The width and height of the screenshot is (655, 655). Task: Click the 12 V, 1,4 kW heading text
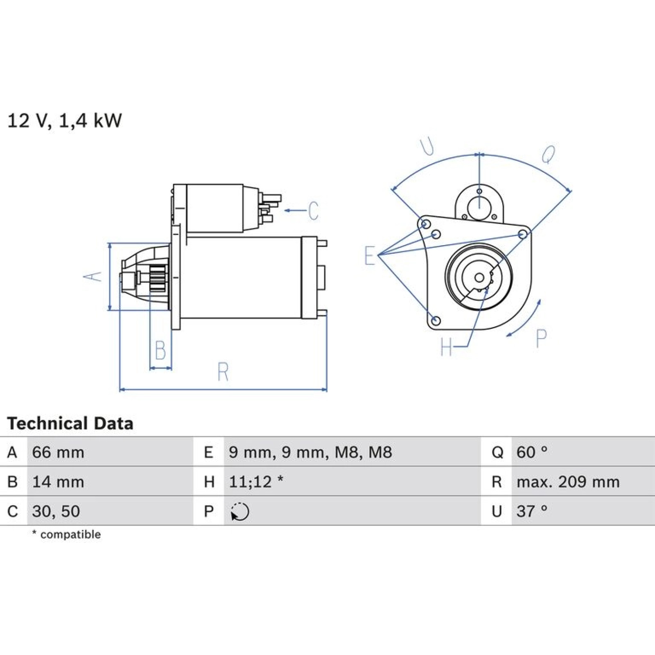65,121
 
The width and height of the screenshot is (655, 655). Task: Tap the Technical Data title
70,423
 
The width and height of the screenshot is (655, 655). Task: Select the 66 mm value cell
58,452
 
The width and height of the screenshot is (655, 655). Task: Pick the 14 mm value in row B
58,482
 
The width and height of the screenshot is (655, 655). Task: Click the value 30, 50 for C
56,511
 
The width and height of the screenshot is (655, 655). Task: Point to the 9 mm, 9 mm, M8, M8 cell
310,452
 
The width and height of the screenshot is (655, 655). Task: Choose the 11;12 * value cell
256,482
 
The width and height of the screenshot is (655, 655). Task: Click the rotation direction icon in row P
239,512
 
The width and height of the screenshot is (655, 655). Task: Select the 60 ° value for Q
532,452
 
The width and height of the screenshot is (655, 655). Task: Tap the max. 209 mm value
568,482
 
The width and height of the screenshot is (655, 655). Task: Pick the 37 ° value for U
532,511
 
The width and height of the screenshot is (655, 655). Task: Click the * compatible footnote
66,534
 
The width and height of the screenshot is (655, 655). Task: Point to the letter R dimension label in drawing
223,372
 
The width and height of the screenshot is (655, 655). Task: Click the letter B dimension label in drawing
160,350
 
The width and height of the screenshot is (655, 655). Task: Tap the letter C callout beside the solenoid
313,211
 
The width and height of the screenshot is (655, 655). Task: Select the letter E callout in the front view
370,255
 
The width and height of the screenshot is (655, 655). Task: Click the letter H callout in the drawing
446,347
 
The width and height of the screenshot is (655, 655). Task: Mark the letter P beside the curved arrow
541,339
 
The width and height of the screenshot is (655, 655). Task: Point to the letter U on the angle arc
427,147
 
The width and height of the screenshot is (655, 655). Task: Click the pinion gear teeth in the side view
158,278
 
